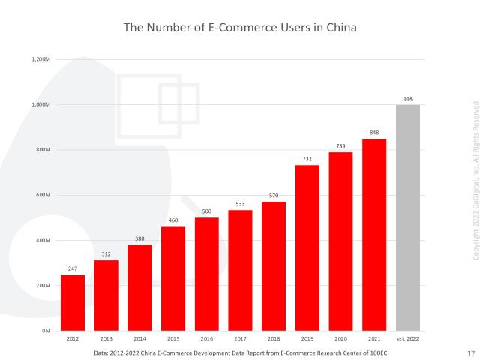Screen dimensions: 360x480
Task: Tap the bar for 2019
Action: pyautogui.click(x=307, y=247)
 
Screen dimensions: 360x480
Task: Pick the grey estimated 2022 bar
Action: pyautogui.click(x=408, y=217)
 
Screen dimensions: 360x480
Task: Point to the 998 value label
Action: pyautogui.click(x=408, y=98)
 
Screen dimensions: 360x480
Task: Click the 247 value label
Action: pyautogui.click(x=73, y=268)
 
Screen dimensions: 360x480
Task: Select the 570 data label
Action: pyautogui.click(x=274, y=196)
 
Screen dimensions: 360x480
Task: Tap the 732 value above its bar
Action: pyautogui.click(x=307, y=159)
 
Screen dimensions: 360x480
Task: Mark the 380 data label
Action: pyautogui.click(x=139, y=238)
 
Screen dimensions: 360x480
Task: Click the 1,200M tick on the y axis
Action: pyautogui.click(x=42, y=59)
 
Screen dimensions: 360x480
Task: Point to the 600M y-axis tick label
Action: pyautogui.click(x=43, y=195)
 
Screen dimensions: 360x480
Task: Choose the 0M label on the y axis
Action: pyautogui.click(x=46, y=331)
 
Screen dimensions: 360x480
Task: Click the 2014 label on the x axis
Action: pyautogui.click(x=139, y=339)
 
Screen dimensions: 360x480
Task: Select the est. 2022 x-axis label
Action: pyautogui.click(x=408, y=339)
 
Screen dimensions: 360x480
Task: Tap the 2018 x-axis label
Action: pyautogui.click(x=274, y=339)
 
